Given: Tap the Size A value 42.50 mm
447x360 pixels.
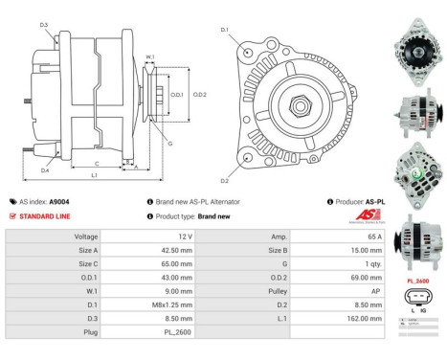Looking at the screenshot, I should pyautogui.click(x=171, y=251).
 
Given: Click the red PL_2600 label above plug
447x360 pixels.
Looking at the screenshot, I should pyautogui.click(x=417, y=281).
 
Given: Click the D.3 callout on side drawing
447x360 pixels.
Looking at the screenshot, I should pyautogui.click(x=44, y=25).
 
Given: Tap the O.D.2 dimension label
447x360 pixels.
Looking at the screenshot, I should pyautogui.click(x=200, y=95).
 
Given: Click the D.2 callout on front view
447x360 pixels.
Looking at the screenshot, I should pyautogui.click(x=224, y=180).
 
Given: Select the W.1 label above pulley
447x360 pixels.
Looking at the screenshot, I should pyautogui.click(x=150, y=57).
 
